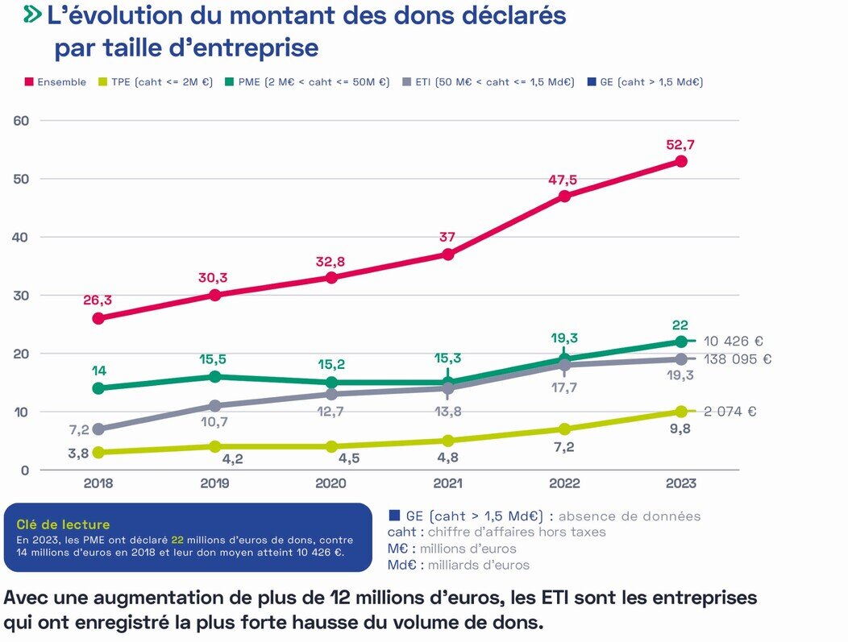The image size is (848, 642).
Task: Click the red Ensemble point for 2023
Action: pos(681,161)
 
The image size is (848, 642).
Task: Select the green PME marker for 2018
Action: pos(98,388)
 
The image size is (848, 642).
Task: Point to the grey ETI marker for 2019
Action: pos(214,406)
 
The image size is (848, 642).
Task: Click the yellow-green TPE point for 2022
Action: pos(564,429)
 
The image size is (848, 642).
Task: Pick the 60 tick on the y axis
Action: pos(21,121)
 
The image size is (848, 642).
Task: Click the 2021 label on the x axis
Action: pos(447,484)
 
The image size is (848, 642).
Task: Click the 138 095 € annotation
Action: pos(737,359)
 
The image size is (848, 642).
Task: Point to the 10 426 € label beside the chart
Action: pos(733,342)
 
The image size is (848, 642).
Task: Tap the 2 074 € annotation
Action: pos(730,412)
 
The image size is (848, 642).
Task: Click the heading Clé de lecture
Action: pos(63,525)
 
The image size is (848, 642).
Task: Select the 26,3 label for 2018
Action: pos(98,300)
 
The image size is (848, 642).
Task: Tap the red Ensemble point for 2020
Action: pos(330,277)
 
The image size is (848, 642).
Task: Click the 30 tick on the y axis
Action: pos(21,296)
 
